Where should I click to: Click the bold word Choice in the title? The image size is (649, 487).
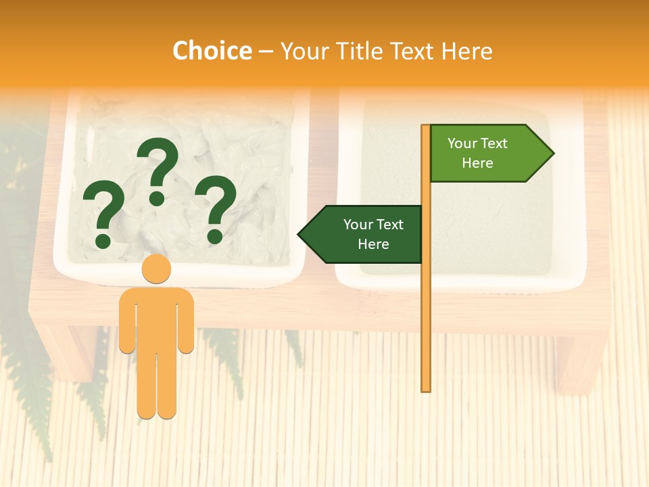(x=212, y=51)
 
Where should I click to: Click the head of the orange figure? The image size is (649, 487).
(x=156, y=269)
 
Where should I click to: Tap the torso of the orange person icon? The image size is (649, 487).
(x=156, y=318)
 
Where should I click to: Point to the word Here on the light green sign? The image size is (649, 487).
(x=477, y=163)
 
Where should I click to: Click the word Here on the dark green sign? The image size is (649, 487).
(x=373, y=244)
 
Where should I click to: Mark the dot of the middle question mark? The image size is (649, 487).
(x=157, y=198)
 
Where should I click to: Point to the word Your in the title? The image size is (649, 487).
(x=303, y=51)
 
